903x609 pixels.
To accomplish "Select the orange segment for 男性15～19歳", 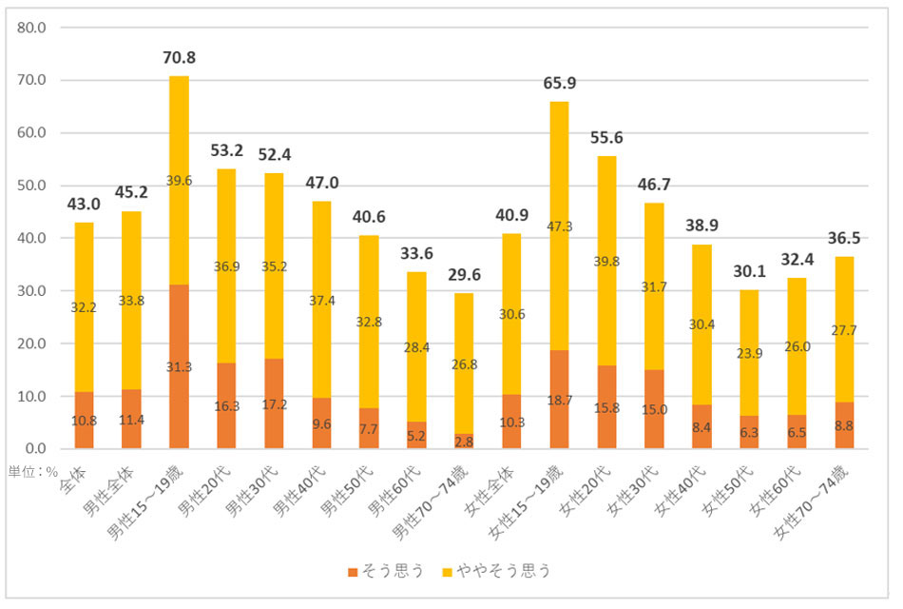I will pyautogui.click(x=179, y=366).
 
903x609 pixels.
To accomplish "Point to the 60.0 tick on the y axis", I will pyautogui.click(x=32, y=133).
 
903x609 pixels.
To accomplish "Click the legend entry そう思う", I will pyautogui.click(x=386, y=572).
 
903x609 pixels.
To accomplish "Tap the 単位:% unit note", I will pyautogui.click(x=33, y=470).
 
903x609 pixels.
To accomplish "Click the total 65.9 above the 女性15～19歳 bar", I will pyautogui.click(x=559, y=84).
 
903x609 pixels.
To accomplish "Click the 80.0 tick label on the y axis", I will pyautogui.click(x=32, y=28).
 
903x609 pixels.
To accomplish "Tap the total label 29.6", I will pyautogui.click(x=464, y=276).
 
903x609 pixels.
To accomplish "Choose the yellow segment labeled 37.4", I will pyautogui.click(x=321, y=302).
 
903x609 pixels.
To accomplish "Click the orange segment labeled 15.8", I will pyautogui.click(x=606, y=407).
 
